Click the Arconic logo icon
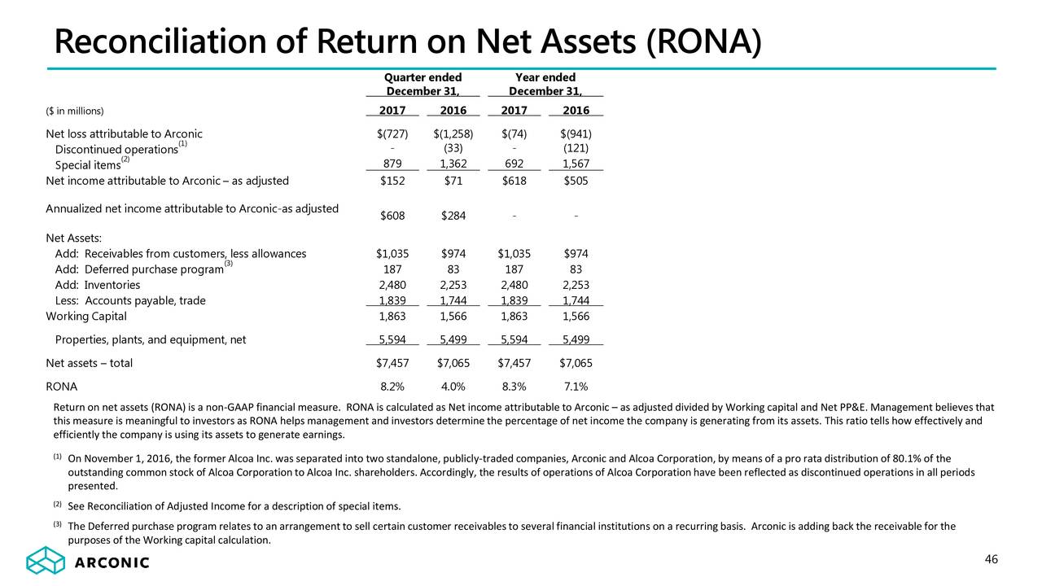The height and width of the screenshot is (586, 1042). pos(45,560)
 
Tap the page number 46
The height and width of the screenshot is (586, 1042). pos(992,559)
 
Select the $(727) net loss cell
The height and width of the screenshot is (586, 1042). pos(392,134)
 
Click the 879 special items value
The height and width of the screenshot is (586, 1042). pos(392,164)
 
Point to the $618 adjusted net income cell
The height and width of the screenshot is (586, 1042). pos(514,181)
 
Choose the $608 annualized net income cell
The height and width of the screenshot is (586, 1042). pos(392,216)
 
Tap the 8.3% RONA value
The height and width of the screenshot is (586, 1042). pos(514,387)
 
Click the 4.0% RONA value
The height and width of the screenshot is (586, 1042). pos(453,387)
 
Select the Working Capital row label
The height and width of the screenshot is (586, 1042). pos(86,317)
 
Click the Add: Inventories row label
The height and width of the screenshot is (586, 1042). pos(97,285)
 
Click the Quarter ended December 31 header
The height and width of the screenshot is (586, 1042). pos(422,84)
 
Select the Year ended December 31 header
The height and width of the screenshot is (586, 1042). pos(545,84)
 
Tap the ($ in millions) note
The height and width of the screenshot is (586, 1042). pos(74,111)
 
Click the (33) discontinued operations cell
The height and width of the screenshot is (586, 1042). pos(453,148)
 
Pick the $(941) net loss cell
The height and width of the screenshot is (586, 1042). pos(576,134)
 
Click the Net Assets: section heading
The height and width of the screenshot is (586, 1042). pos(73,238)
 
